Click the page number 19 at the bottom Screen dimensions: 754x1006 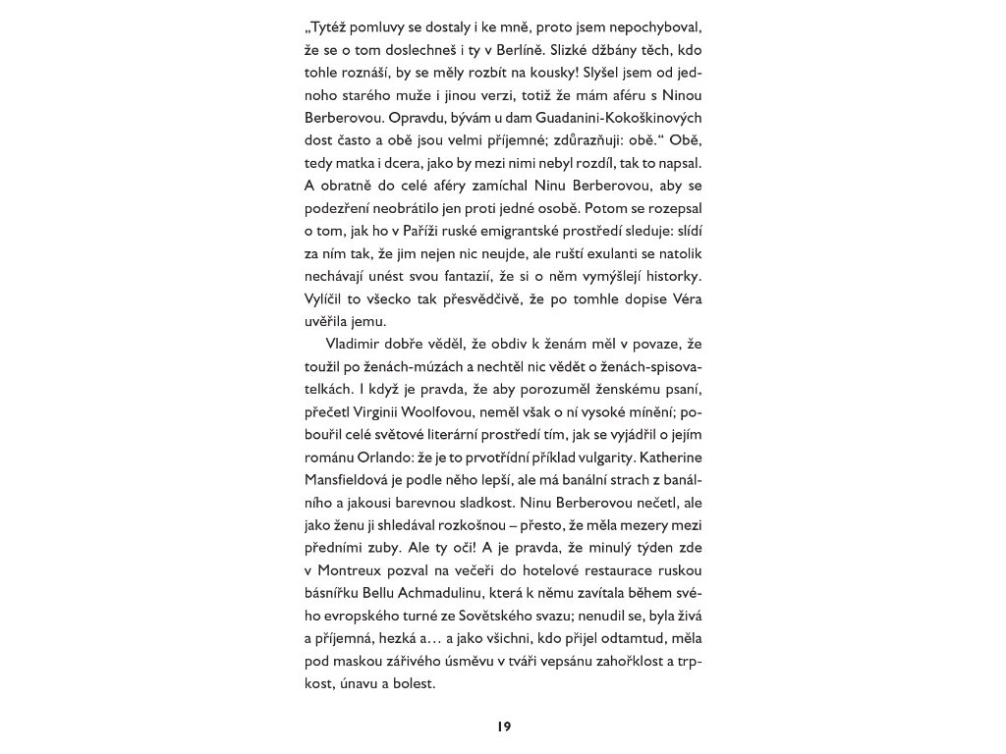pos(503,727)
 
